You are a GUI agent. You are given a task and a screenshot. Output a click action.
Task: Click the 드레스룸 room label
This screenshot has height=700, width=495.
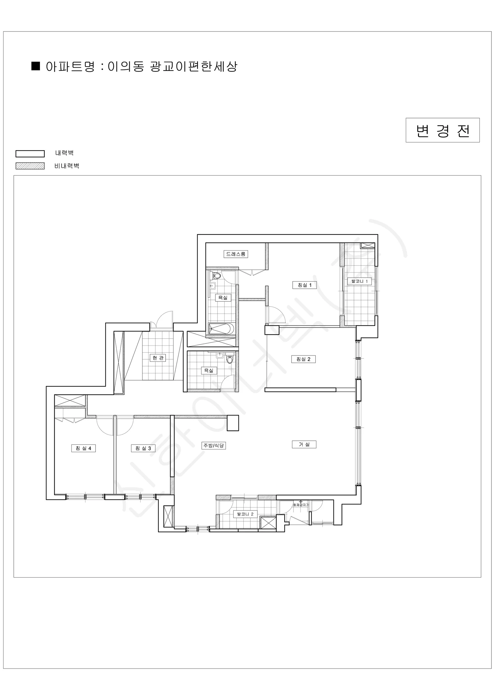(236, 254)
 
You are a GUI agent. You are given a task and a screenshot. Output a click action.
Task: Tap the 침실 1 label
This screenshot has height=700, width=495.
(305, 285)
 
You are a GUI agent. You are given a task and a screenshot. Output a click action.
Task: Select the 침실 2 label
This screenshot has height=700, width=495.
(303, 359)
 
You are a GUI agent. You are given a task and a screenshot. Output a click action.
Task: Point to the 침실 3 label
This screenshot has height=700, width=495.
(143, 448)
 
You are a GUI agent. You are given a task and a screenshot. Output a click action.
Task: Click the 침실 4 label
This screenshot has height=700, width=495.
(83, 448)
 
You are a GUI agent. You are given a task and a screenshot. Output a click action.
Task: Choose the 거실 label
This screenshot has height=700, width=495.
(304, 444)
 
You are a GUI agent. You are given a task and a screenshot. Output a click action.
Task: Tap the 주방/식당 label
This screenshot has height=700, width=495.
(214, 445)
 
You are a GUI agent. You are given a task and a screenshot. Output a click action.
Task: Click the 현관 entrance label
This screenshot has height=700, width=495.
(158, 358)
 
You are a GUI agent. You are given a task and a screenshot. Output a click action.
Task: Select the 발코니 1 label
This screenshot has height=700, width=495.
(360, 281)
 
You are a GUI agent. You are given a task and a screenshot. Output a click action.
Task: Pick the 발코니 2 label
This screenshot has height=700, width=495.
(245, 514)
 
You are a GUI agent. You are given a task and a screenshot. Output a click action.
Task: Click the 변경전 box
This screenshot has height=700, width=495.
(443, 130)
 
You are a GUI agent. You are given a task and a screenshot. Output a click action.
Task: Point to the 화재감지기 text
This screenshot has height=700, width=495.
(301, 505)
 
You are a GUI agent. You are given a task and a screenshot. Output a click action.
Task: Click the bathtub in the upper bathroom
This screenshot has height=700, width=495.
(221, 329)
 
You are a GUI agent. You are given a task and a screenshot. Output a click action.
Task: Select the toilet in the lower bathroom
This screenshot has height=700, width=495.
(229, 359)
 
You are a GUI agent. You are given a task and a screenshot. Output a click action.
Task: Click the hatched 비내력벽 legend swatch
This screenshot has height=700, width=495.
(30, 166)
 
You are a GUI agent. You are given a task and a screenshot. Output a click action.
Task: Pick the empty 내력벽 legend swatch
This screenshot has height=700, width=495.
(30, 154)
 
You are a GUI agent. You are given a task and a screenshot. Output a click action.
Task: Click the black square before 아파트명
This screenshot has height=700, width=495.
(36, 66)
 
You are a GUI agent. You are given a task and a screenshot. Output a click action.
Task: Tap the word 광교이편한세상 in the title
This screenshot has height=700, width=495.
(194, 66)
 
